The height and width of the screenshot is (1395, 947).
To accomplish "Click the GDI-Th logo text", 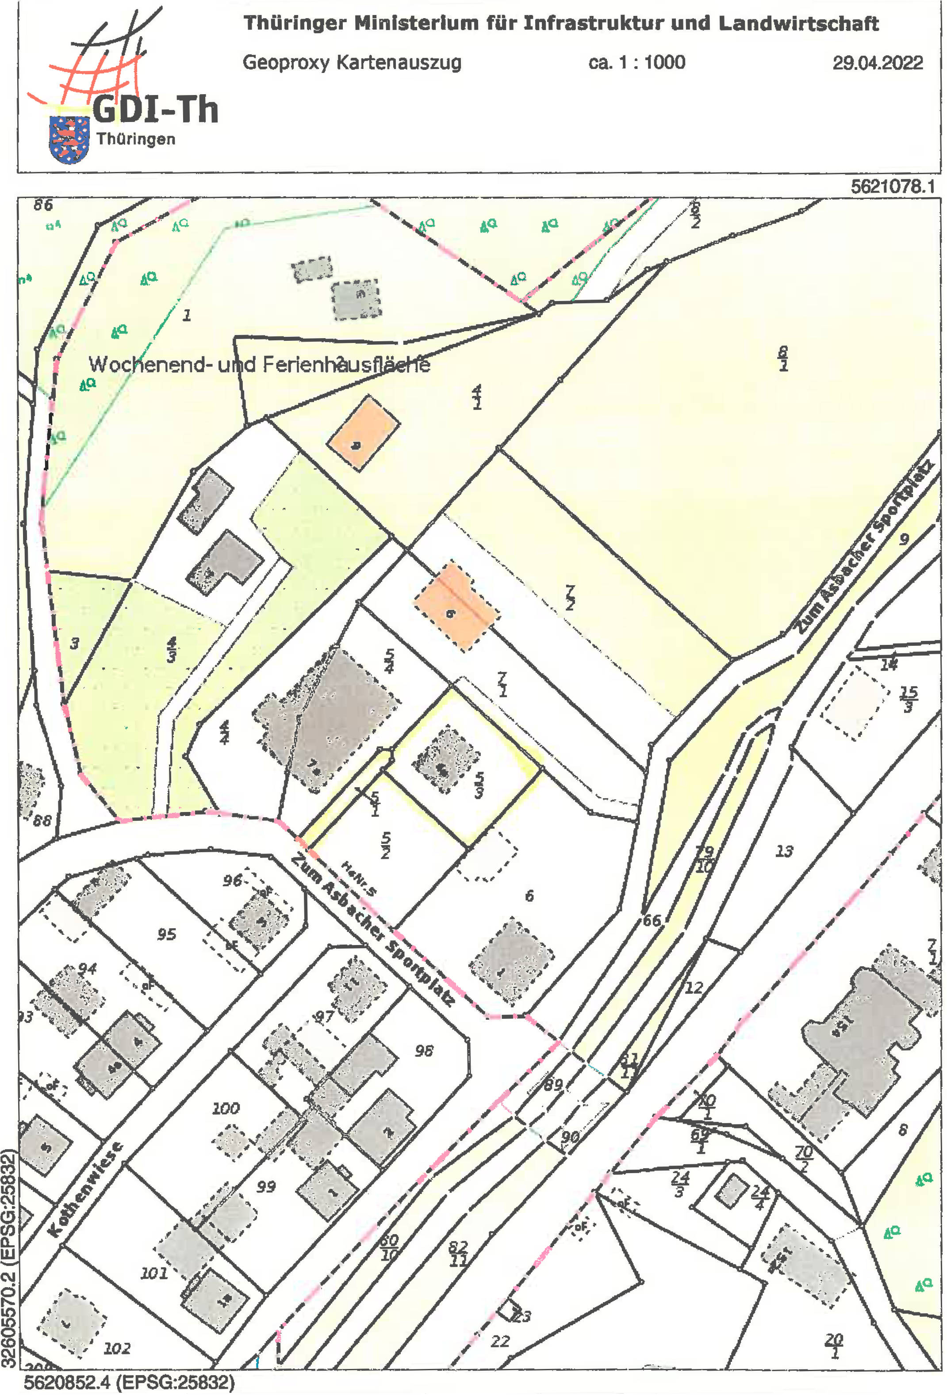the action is [x=155, y=110].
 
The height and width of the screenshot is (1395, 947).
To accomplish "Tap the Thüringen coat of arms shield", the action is [x=69, y=139].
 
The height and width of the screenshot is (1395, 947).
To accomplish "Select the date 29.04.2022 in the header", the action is [x=877, y=63].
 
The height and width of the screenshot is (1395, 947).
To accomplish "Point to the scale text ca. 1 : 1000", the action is [x=636, y=62].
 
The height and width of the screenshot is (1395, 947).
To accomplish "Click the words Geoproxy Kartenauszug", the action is [x=352, y=62].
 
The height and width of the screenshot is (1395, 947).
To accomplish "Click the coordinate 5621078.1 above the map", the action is [x=892, y=187].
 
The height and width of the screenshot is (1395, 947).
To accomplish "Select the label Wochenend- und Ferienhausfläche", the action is [x=260, y=364].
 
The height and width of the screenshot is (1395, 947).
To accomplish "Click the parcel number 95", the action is [x=166, y=934].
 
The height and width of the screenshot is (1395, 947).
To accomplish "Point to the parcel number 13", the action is [x=784, y=851].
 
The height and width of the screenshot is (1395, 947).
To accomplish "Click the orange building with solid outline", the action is [x=363, y=433].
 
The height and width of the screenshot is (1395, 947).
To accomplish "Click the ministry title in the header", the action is [x=560, y=24].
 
